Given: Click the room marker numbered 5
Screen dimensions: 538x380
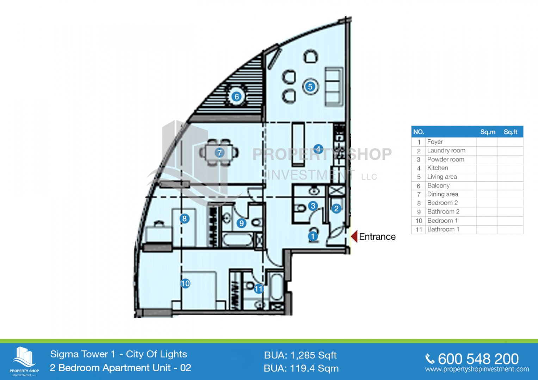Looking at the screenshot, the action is point(310,87).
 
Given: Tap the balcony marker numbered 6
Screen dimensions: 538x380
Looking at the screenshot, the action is point(236,97).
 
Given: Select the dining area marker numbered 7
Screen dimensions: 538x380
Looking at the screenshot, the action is point(219,153).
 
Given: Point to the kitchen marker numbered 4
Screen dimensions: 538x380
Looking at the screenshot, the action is point(319,149).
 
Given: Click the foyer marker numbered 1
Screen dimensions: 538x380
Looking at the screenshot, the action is point(313,236).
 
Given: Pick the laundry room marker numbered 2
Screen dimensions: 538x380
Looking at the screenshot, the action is point(336,208).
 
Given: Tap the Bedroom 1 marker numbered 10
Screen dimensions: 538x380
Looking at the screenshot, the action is point(185,284).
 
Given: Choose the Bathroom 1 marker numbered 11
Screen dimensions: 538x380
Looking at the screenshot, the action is point(259,289).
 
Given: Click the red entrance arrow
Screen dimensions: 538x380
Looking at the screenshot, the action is point(354,236).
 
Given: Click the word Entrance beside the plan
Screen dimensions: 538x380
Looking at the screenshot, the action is point(377,237).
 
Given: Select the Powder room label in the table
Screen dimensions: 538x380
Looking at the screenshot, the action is point(446,159).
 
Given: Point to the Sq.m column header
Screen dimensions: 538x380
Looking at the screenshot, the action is point(488,132).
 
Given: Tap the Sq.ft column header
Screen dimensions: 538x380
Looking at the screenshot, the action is point(511,132).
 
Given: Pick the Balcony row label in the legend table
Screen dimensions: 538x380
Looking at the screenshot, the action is point(438,186).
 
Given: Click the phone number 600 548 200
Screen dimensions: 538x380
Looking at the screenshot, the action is point(478,359).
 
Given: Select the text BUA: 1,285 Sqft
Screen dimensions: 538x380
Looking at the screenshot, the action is point(300,355).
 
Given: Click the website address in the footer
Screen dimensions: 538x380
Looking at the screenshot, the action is point(477,369).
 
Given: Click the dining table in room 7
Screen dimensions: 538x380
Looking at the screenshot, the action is point(219,153).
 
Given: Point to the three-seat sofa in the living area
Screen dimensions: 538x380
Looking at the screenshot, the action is point(334,87).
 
